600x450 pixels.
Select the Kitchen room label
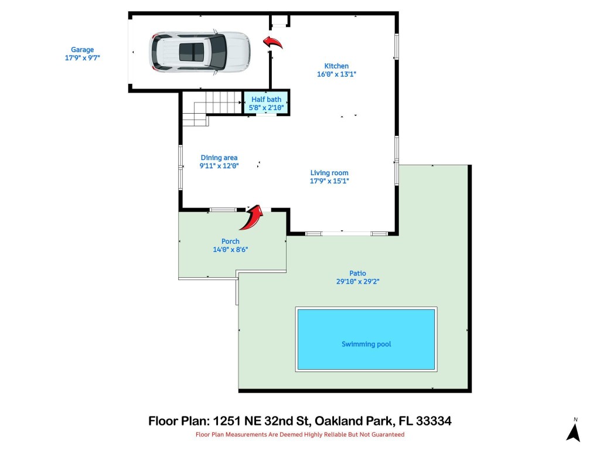tap(336, 66)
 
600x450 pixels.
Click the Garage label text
tap(83, 50)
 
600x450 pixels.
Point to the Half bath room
tap(267, 103)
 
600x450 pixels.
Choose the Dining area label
tap(219, 158)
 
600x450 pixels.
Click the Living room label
tap(329, 173)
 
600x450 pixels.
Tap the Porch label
tap(230, 241)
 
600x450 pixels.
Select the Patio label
tap(357, 273)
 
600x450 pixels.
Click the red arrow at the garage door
tap(272, 42)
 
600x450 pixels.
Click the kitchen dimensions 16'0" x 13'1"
tap(336, 74)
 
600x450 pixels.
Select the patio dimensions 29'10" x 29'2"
tap(357, 281)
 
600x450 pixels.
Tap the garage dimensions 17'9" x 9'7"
tap(83, 58)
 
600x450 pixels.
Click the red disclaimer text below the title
tap(300, 435)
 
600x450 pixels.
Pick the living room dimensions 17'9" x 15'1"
tap(329, 181)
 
